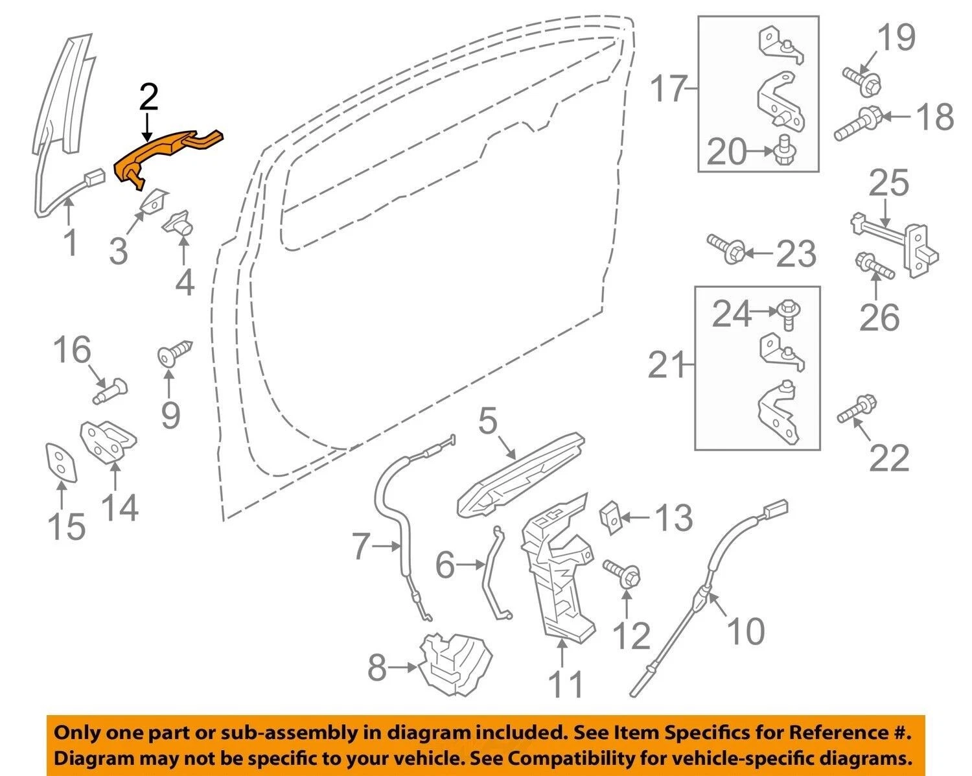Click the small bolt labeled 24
pyautogui.click(x=787, y=315)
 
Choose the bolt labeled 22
pyautogui.click(x=857, y=408)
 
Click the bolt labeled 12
pyautogui.click(x=622, y=573)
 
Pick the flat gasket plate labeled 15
pyautogui.click(x=62, y=463)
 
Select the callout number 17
pyautogui.click(x=669, y=89)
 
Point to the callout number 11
pyautogui.click(x=566, y=685)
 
